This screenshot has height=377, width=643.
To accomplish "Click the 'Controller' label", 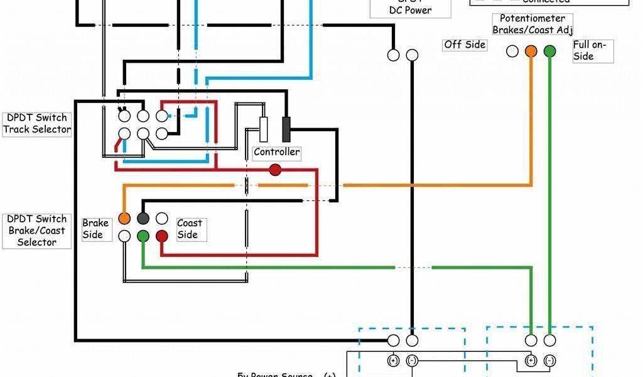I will (x=277, y=152).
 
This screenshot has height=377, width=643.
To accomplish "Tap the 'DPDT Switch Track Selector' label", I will (x=36, y=124).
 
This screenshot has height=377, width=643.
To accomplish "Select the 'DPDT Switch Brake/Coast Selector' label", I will (x=36, y=231).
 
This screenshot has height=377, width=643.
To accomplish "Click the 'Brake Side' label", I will (x=95, y=229).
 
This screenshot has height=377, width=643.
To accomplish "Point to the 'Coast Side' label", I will (x=189, y=229).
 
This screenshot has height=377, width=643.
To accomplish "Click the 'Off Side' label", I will (x=465, y=45).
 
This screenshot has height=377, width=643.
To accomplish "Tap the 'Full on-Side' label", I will (x=589, y=50).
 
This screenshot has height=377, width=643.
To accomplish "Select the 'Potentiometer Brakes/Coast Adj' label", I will (x=532, y=24).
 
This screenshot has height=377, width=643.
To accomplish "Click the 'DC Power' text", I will (x=410, y=10).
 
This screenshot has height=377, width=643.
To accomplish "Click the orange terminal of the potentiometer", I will (x=531, y=51).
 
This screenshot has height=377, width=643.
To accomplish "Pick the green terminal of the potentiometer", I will (x=549, y=51).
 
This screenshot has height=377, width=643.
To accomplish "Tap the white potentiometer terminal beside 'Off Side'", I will (x=512, y=51).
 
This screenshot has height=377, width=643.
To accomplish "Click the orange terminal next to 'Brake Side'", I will (x=124, y=218).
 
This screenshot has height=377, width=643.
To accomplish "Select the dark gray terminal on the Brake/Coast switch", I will (x=143, y=218).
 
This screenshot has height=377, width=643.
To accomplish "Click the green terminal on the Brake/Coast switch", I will (x=143, y=236).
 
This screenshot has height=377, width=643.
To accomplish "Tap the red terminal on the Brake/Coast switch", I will (x=162, y=236).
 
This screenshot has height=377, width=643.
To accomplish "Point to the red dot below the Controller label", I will (x=275, y=170).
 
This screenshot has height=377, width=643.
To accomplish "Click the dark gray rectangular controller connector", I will (x=286, y=129).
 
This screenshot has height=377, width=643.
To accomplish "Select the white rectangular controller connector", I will (x=264, y=129).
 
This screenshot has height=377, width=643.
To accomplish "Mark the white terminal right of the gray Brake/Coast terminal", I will (x=162, y=218).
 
